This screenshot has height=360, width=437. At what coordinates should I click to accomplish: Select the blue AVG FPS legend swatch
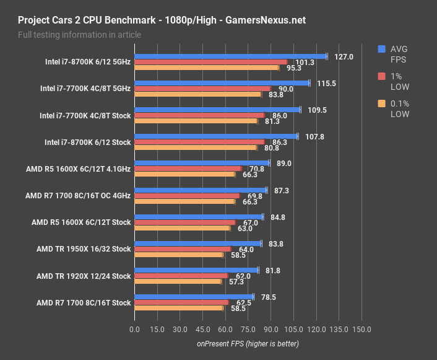[381, 49]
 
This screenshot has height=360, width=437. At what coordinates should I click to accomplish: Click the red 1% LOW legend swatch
[381, 76]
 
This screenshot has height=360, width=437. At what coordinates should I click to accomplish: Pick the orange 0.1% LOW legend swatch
[381, 103]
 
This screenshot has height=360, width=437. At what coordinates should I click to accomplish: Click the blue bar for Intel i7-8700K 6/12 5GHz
[230, 56]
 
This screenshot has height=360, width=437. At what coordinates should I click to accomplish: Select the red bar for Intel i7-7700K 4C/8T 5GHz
[202, 89]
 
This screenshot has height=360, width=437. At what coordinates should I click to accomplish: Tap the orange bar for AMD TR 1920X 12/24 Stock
[178, 281]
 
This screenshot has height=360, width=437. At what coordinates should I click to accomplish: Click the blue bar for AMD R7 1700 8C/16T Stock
[194, 297]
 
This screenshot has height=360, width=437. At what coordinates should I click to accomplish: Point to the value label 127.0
[343, 56]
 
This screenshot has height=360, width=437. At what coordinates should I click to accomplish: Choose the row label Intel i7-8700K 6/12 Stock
[87, 142]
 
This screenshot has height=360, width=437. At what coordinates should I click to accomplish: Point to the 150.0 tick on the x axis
[361, 329]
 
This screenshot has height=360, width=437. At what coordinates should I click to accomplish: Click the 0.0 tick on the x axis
[134, 329]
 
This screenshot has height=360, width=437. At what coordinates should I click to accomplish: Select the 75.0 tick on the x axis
[248, 329]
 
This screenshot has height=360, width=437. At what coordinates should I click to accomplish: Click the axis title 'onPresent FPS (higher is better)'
[248, 343]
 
